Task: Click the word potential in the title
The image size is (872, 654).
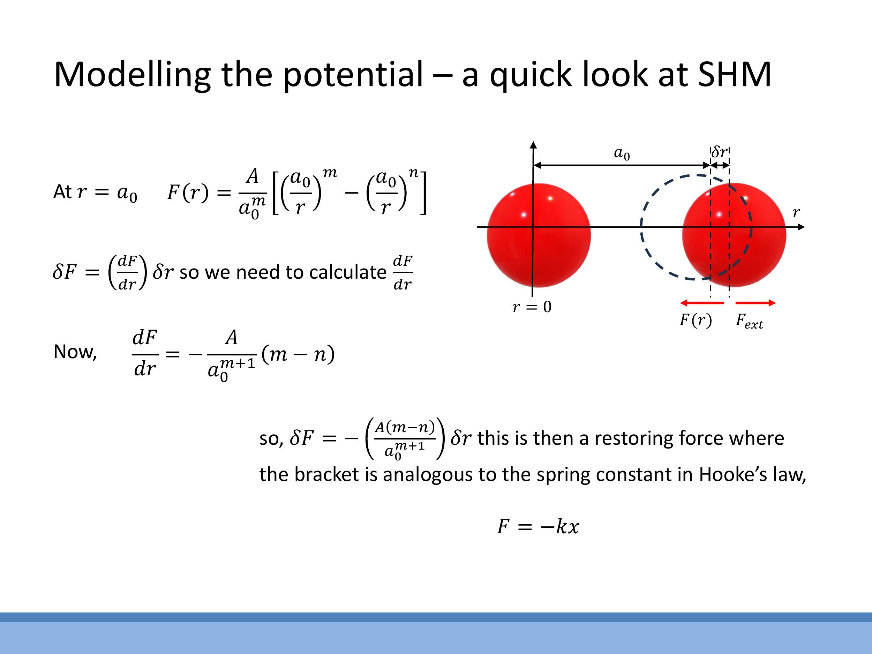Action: click(x=353, y=75)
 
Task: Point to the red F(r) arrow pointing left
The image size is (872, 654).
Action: click(x=702, y=303)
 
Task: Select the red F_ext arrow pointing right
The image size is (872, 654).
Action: click(x=755, y=303)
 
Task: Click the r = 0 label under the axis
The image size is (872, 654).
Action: click(x=532, y=307)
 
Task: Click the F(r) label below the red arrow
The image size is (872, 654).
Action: click(x=696, y=320)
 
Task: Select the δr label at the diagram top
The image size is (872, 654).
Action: click(x=720, y=151)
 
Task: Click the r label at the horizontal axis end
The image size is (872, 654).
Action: click(x=796, y=212)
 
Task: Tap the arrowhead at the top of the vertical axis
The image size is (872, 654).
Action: click(x=533, y=145)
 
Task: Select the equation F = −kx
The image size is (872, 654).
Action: click(x=538, y=526)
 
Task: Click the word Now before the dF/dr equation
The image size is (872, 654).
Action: click(x=75, y=352)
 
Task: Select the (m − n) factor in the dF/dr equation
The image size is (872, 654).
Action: click(x=298, y=354)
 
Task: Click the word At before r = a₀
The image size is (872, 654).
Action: click(x=62, y=192)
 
